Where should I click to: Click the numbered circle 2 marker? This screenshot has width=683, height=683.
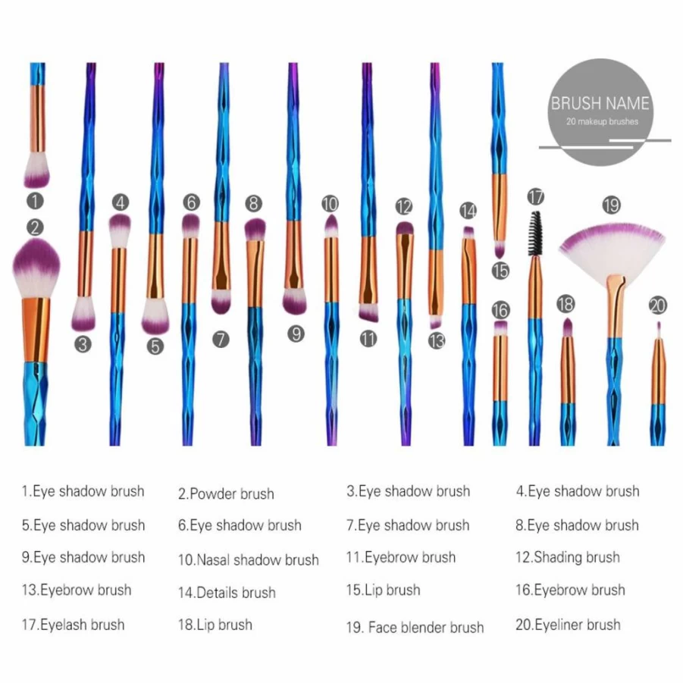click(36, 228)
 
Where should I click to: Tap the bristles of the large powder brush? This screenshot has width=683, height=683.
click(36, 268)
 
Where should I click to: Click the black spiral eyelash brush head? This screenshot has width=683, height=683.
click(535, 234)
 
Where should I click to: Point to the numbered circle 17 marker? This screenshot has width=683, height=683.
click(536, 197)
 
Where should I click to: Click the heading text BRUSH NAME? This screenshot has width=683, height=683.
click(600, 103)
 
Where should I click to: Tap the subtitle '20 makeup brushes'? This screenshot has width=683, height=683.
click(602, 122)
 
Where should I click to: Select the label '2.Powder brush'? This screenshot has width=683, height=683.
click(226, 494)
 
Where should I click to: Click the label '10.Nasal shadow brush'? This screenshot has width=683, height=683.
click(249, 559)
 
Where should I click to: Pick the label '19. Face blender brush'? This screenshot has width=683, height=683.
click(415, 628)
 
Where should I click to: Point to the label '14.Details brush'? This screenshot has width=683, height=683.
click(227, 593)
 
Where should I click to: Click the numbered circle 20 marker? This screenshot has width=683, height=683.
click(658, 305)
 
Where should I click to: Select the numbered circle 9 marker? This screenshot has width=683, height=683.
click(296, 334)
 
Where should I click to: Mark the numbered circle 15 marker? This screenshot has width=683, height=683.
click(500, 271)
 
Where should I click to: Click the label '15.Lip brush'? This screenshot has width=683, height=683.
click(384, 591)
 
